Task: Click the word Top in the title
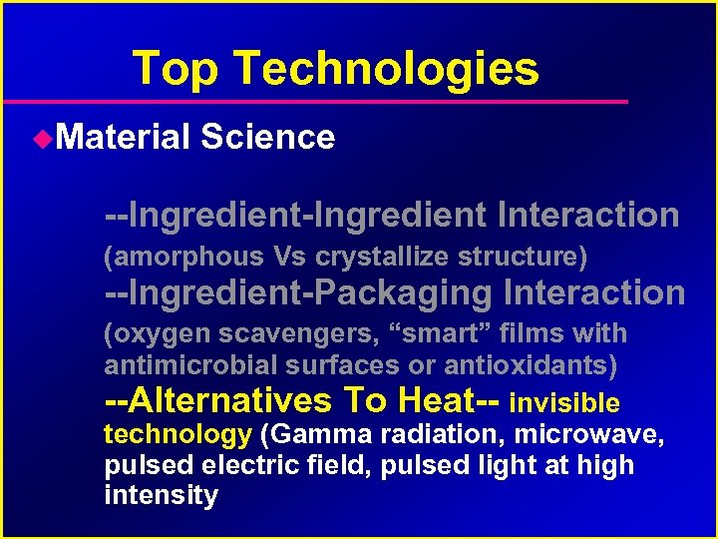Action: click(x=176, y=69)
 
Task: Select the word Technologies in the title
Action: click(x=387, y=69)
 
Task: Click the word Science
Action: click(x=267, y=137)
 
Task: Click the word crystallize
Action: click(x=384, y=257)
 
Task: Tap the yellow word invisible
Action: click(x=564, y=403)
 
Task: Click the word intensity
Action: click(x=161, y=495)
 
